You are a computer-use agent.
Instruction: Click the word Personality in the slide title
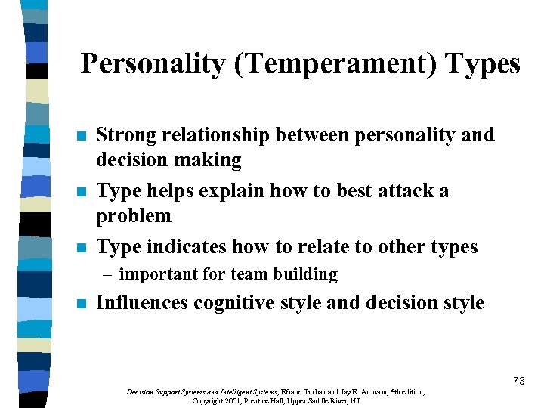pyautogui.click(x=150, y=63)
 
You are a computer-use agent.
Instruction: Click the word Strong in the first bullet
pyautogui.click(x=127, y=135)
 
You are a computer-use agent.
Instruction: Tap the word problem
pyautogui.click(x=134, y=216)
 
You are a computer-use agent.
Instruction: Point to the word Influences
pyautogui.click(x=143, y=303)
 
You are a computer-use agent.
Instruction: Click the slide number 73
pyautogui.click(x=518, y=381)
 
